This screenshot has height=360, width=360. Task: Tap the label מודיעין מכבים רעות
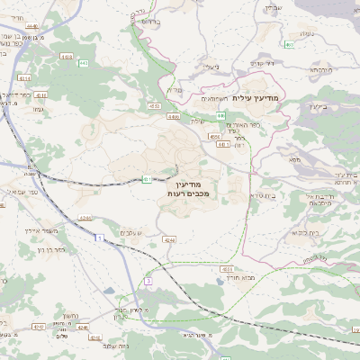[x=188, y=187]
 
